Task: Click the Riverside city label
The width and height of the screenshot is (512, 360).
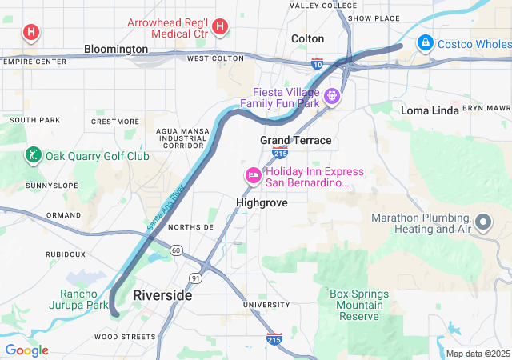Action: pyautogui.click(x=162, y=295)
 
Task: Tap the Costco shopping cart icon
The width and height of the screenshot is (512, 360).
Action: pyautogui.click(x=426, y=42)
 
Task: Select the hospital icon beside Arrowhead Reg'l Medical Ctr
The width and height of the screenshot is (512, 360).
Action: pyautogui.click(x=221, y=27)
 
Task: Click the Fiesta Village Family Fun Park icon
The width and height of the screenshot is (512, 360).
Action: pyautogui.click(x=331, y=98)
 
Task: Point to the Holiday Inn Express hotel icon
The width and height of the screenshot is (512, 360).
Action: pyautogui.click(x=253, y=176)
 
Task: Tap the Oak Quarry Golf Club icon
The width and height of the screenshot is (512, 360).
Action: pyautogui.click(x=33, y=155)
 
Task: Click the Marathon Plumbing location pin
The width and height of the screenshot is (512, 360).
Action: pyautogui.click(x=483, y=222)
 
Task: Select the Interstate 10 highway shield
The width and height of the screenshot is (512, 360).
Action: pyautogui.click(x=318, y=63)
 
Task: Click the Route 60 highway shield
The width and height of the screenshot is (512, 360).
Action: pyautogui.click(x=176, y=251)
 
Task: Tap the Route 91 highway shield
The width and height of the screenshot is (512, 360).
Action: pyautogui.click(x=195, y=278)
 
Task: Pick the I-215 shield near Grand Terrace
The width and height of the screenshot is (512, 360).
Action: pyautogui.click(x=280, y=152)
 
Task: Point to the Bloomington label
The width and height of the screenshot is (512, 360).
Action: pyautogui.click(x=116, y=49)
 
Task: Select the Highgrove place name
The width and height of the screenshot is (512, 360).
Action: pyautogui.click(x=262, y=203)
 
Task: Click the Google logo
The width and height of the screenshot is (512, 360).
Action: pyautogui.click(x=27, y=350)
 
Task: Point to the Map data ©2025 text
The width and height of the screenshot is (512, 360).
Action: pyautogui.click(x=477, y=354)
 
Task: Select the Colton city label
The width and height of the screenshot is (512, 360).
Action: pyautogui.click(x=307, y=38)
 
